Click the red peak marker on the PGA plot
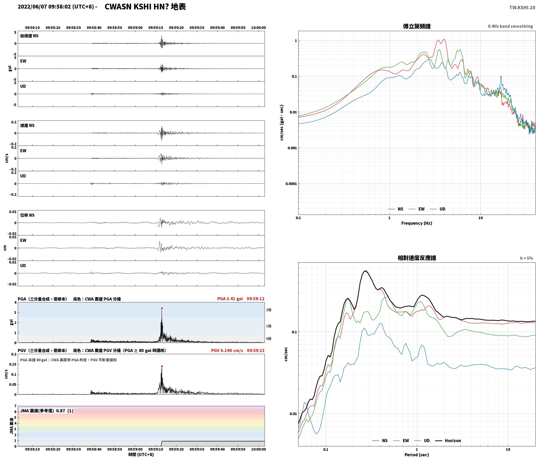(x=162, y=308)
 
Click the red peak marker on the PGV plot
(x=162, y=366)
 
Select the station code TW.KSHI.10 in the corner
(x=522, y=8)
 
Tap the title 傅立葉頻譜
(x=417, y=26)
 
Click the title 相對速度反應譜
(x=417, y=258)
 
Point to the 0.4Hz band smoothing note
(x=510, y=26)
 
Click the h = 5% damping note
(x=526, y=258)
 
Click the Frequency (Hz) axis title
(x=417, y=223)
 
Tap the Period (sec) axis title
(x=417, y=455)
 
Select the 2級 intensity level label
(x=269, y=310)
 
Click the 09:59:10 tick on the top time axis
(x=156, y=28)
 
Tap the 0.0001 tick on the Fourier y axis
(x=291, y=184)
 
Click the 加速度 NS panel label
(x=29, y=36)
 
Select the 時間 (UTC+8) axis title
(x=141, y=455)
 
